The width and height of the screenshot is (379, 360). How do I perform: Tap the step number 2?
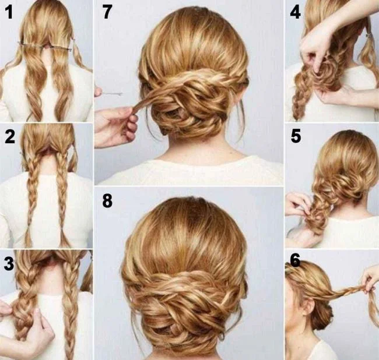coord(9,137)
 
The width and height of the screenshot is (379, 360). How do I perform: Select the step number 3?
coord(9,263)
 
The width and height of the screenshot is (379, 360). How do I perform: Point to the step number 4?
coord(295,12)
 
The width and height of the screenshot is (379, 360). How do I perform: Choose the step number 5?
coord(296,136)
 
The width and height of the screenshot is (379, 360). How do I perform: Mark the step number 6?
coord(295,260)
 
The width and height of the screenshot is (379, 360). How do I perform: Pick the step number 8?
coord(107,201)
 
